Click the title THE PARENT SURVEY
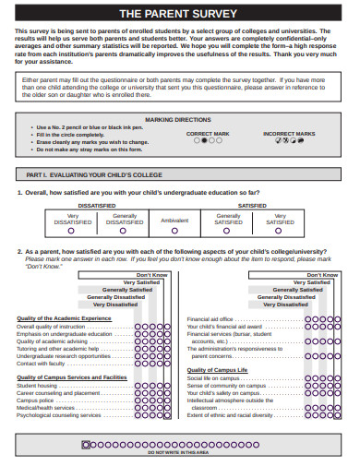(180, 14)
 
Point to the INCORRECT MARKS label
(287, 134)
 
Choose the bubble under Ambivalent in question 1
(174, 231)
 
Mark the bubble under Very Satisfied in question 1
(282, 231)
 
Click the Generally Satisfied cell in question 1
(229, 220)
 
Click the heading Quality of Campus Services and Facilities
(72, 376)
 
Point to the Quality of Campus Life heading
(218, 369)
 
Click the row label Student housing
(38, 386)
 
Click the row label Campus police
(35, 400)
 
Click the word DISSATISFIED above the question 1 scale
(97, 205)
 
